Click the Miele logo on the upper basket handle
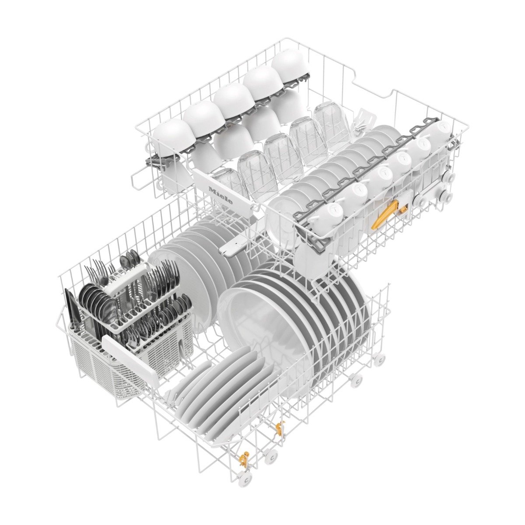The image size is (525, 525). point(220,195)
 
